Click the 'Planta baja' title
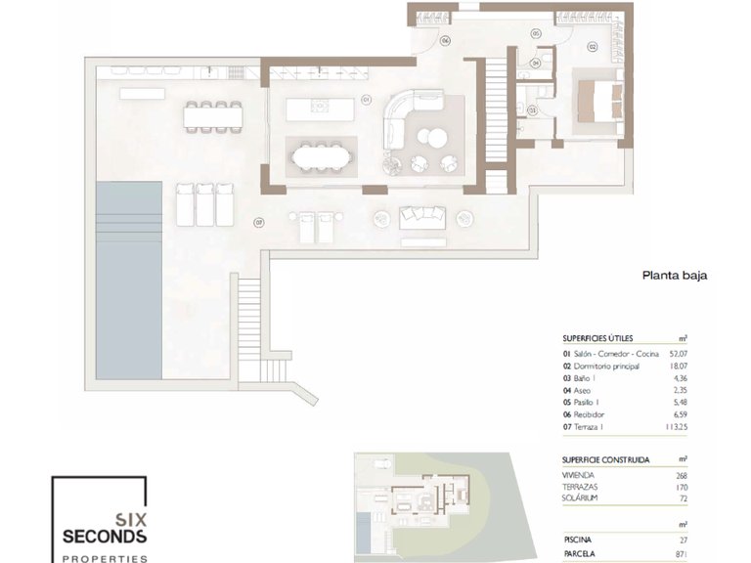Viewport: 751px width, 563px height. [x=674, y=276]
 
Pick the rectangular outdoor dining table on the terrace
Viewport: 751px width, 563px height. [x=213, y=115]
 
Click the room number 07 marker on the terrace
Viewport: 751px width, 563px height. [x=259, y=223]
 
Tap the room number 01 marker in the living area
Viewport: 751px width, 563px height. [x=365, y=99]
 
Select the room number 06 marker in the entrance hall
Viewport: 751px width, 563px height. [x=445, y=40]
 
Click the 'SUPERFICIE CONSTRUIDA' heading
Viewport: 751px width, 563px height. [x=605, y=458]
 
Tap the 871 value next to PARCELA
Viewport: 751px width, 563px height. [x=682, y=554]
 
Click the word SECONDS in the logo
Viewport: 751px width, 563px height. [x=104, y=537]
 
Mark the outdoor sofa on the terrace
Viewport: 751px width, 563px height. [x=422, y=216]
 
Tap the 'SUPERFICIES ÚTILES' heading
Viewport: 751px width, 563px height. [x=597, y=337]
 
